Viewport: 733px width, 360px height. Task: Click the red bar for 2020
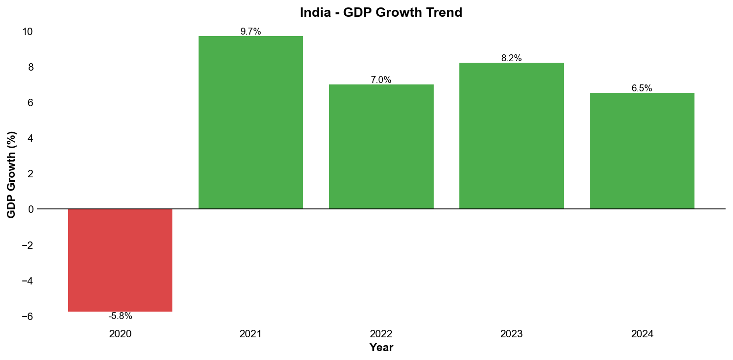click(x=120, y=260)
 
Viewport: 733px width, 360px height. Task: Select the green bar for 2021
click(x=250, y=122)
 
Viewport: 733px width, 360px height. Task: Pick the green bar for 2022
click(x=381, y=147)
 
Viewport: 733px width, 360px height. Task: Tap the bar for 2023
click(x=511, y=136)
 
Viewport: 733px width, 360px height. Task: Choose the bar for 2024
click(x=642, y=151)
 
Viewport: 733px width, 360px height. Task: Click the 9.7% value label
click(x=250, y=32)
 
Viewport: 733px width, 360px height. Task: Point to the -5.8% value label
click(x=120, y=317)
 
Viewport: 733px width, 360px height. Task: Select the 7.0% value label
click(x=381, y=80)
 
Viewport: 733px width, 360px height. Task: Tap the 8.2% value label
click(x=511, y=58)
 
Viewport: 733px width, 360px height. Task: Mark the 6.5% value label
click(x=642, y=88)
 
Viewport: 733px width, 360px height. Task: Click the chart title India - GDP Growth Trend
click(x=381, y=13)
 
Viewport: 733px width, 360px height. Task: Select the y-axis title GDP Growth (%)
click(x=11, y=174)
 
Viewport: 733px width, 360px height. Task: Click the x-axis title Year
click(x=381, y=348)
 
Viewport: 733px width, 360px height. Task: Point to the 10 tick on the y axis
click(x=27, y=32)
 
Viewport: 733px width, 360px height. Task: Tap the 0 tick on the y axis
click(x=31, y=209)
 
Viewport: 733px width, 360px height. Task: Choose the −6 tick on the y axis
click(x=27, y=316)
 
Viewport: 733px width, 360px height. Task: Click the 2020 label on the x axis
click(x=120, y=334)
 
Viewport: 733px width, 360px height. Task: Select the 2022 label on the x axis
click(x=381, y=334)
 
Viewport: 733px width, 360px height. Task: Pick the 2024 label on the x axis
click(x=642, y=334)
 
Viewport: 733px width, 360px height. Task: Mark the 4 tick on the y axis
click(x=31, y=138)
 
